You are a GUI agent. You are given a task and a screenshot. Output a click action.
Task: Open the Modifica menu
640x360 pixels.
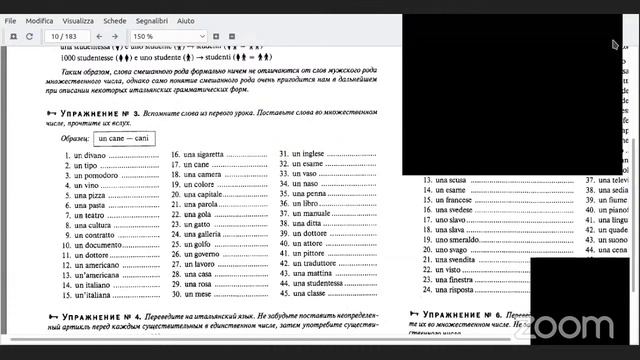coord(40,20)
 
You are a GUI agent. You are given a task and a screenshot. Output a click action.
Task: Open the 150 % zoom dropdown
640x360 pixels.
coord(176,37)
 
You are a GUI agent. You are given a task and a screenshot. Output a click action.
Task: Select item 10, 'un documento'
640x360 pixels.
coord(98,245)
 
